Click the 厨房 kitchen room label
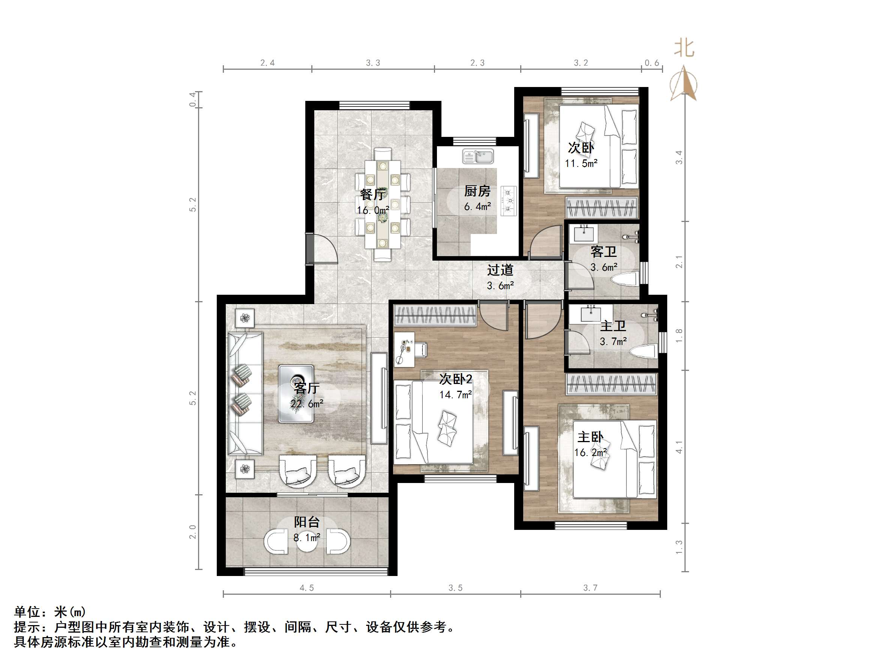coord(477,191)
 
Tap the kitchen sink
coord(478,156)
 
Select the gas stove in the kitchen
coord(508,201)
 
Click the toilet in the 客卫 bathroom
coord(626,279)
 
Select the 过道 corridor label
coord(500,270)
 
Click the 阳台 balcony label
coord(306,522)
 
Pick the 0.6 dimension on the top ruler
coord(652,63)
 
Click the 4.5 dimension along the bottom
coord(306,588)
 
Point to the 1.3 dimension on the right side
coord(679,547)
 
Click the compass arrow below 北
coord(684,84)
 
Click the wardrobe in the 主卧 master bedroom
coord(611,384)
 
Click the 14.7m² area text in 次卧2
coord(456,395)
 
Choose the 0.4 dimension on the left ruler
coord(193,99)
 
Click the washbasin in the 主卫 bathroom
coord(591,314)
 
